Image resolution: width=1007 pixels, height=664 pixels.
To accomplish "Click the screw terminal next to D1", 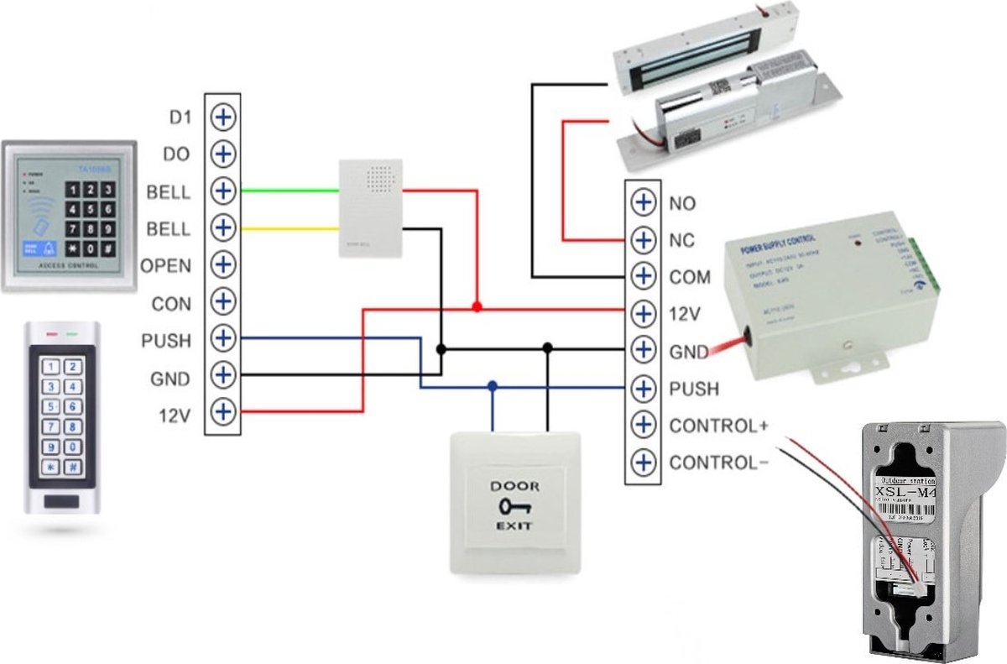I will (x=222, y=117).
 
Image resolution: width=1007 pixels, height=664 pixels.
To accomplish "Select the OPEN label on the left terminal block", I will (x=165, y=266).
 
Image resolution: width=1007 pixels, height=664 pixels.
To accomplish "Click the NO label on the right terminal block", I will (x=682, y=203).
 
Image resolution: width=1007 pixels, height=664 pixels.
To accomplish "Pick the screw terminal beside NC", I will (x=643, y=240).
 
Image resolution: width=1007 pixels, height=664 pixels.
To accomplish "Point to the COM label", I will (x=689, y=277).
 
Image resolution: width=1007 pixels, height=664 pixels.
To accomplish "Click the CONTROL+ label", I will (x=718, y=426).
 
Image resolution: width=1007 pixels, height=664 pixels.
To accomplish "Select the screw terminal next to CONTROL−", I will (x=643, y=462).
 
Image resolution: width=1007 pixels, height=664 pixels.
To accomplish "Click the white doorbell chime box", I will (x=370, y=209).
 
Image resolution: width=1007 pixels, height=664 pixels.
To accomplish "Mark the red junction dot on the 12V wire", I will (x=477, y=308).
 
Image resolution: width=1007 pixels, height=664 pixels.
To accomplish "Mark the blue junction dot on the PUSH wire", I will (x=493, y=386).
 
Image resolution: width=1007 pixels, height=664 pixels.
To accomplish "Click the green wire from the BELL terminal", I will (x=290, y=191).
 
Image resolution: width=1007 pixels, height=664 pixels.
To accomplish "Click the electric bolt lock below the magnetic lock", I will (x=722, y=118).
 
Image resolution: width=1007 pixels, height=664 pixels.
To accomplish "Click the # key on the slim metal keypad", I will (x=74, y=467).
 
